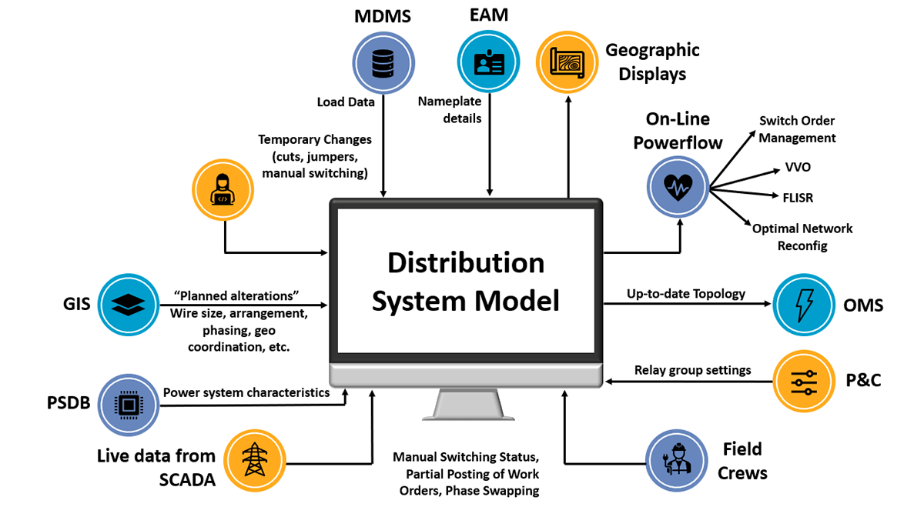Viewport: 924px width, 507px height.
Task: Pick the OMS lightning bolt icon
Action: point(804,305)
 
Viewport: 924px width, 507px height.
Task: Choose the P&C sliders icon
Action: point(804,381)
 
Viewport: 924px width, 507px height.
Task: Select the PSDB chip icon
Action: point(128,403)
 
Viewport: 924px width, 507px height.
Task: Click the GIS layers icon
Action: point(128,305)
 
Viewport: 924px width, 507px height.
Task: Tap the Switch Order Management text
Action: point(797,129)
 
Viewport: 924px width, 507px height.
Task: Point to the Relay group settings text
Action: point(692,370)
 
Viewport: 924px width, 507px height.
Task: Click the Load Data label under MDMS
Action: point(346,102)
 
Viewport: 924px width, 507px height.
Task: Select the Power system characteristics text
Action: point(246,392)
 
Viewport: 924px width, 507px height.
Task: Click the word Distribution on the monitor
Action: point(465,263)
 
